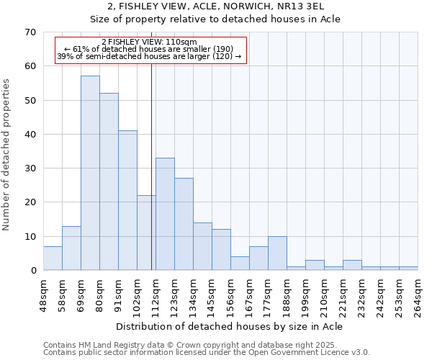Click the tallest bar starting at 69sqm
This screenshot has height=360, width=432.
pyautogui.click(x=90, y=173)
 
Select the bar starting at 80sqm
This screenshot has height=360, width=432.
pyautogui.click(x=109, y=181)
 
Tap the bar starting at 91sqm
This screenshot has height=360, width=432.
pyautogui.click(x=127, y=200)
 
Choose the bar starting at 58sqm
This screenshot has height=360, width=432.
pyautogui.click(x=71, y=248)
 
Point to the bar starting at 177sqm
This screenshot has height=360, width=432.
pyautogui.click(x=277, y=253)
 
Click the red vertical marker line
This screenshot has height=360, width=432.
pyautogui.click(x=151, y=166)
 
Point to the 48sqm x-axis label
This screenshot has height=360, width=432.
pyautogui.click(x=44, y=294)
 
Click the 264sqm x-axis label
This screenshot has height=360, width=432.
pyautogui.click(x=418, y=294)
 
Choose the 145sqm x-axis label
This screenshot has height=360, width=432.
pyautogui.click(x=212, y=294)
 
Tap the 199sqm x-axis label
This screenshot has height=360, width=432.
pyautogui.click(x=306, y=294)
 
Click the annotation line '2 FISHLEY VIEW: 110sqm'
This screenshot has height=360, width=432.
pyautogui.click(x=150, y=42)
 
